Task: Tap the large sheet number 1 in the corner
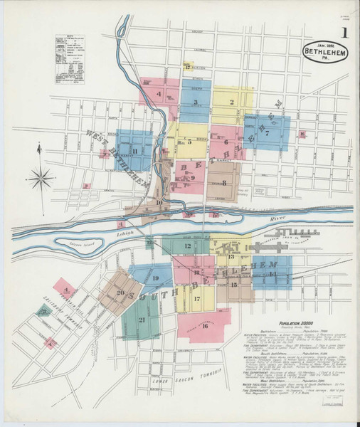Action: [x=344, y=33]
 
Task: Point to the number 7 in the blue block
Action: [x=267, y=132]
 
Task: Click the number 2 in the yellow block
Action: [x=231, y=102]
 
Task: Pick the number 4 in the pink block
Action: [x=159, y=93]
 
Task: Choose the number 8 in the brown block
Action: [x=224, y=183]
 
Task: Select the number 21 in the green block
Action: [x=142, y=320]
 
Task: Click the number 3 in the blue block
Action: [x=194, y=102]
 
